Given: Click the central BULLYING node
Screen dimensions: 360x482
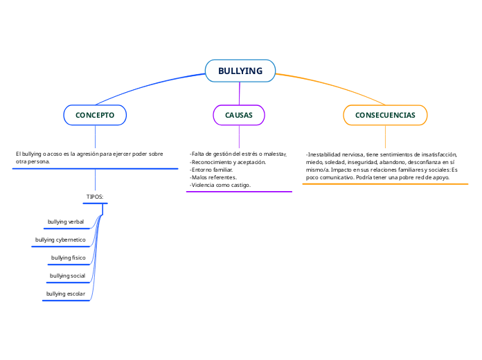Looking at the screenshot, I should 240,71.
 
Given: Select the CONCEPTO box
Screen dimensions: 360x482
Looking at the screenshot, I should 95,115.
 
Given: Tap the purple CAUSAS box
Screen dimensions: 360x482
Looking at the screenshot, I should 239,115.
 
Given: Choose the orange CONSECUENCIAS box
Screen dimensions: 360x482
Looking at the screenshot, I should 385,115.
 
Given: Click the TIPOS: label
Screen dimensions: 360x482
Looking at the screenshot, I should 95,197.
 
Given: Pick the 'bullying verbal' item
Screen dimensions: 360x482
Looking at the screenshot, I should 66,222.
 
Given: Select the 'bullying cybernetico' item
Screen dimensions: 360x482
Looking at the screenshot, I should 60,240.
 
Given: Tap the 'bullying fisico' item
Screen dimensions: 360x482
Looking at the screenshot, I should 68,258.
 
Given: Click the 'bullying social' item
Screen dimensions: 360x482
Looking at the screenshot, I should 67,276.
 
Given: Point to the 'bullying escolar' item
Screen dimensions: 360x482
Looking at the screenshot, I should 66,294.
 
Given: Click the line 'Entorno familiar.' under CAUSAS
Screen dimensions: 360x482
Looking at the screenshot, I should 212,170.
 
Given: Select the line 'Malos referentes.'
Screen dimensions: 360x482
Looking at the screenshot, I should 213,177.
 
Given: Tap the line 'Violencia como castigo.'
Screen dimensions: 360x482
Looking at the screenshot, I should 220,185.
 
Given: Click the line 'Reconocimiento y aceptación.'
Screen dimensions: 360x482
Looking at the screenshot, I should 228,161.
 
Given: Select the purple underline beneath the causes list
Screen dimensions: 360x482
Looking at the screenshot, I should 239,192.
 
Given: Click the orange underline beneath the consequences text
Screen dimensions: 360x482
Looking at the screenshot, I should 386,184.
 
